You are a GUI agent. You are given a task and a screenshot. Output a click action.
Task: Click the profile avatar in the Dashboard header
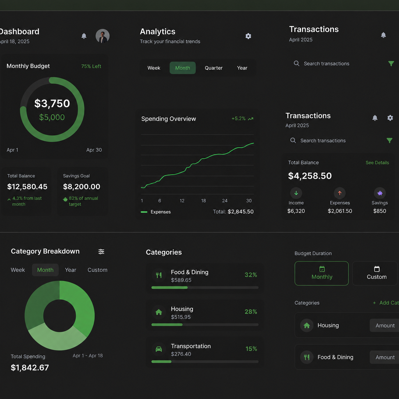(102, 36)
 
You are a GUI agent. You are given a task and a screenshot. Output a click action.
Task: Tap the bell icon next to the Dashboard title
(84, 36)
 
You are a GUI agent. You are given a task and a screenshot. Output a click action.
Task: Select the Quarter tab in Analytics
(213, 68)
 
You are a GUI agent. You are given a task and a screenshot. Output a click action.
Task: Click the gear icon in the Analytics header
(248, 36)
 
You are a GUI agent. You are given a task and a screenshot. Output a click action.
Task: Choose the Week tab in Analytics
(154, 68)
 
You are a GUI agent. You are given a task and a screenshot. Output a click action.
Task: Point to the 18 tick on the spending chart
(204, 201)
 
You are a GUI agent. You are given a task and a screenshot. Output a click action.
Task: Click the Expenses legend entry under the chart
(156, 212)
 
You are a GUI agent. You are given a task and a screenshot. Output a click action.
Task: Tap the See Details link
(377, 163)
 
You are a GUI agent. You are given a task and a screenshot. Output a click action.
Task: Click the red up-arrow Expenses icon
(339, 193)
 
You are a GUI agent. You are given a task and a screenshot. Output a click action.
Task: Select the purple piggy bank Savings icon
(380, 193)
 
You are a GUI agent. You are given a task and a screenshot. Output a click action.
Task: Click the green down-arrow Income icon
(296, 193)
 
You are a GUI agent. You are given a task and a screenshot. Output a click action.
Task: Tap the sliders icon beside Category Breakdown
(101, 252)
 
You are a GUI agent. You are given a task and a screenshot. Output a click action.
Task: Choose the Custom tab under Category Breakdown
(98, 270)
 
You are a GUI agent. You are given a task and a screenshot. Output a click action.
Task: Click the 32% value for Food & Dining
(251, 275)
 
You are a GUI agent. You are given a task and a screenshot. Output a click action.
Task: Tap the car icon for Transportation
(159, 349)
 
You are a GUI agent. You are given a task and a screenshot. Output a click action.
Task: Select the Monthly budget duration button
(322, 273)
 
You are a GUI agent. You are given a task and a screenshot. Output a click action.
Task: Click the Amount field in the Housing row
(384, 325)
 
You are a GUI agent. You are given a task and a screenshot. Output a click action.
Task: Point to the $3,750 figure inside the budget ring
(52, 103)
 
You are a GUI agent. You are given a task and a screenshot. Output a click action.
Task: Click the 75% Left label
(91, 66)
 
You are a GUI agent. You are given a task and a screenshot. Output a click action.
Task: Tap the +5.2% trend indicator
(242, 119)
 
